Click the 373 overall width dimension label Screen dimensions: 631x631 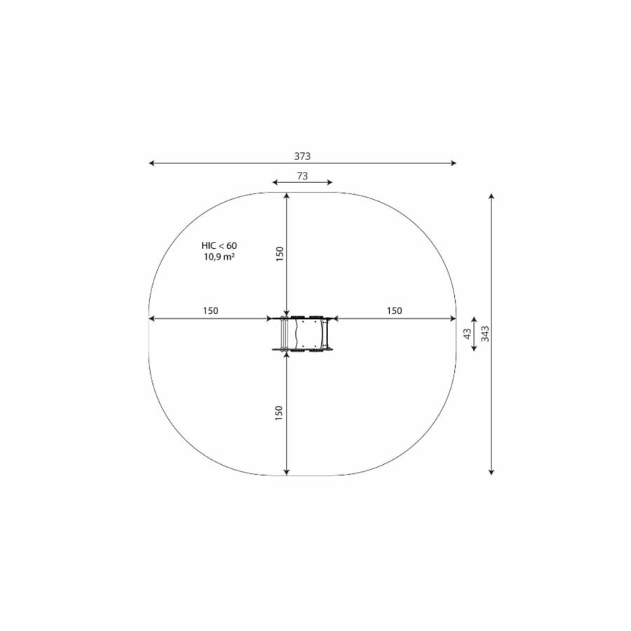tap(302, 156)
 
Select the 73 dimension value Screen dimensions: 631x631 tap(302, 176)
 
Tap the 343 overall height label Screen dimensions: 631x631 tap(485, 334)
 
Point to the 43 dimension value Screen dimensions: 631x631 tap(467, 334)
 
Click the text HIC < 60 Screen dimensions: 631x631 tap(219, 245)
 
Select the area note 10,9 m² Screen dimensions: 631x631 tap(219, 257)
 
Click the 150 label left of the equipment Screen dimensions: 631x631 tap(210, 311)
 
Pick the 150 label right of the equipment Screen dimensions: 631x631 tap(394, 311)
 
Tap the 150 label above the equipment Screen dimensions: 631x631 tap(280, 254)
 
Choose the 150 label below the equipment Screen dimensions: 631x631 tap(279, 413)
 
